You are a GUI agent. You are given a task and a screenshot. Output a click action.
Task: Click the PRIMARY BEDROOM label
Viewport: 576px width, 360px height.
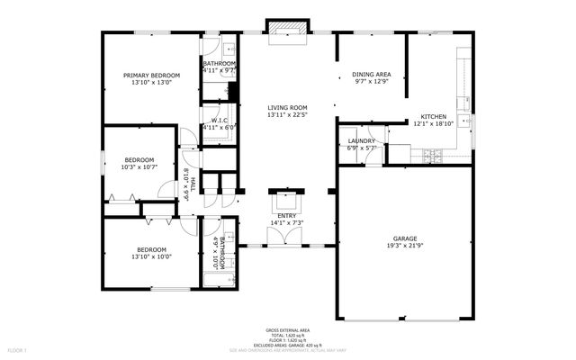152,75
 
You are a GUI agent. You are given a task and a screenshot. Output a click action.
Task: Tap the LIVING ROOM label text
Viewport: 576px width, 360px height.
288,107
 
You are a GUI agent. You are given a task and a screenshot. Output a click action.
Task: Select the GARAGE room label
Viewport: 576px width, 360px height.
404,238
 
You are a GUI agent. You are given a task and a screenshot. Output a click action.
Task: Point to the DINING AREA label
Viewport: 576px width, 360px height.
371,75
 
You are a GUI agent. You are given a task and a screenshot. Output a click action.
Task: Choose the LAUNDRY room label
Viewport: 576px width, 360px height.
361,141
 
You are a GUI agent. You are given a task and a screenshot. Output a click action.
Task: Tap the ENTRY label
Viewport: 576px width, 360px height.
287,216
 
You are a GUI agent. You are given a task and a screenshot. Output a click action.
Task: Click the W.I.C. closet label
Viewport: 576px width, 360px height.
218,121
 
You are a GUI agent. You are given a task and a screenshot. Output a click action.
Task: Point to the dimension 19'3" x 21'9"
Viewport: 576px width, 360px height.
404,246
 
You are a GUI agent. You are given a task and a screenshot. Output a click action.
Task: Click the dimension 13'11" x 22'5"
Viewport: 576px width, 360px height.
288,114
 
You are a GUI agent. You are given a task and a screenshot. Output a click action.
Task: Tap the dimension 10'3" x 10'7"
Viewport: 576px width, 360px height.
139,166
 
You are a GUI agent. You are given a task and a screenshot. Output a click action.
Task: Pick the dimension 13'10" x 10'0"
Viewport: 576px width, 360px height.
151,256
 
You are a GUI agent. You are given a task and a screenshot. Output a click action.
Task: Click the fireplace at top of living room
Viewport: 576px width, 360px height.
288,30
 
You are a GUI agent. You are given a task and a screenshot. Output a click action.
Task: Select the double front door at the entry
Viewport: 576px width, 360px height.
287,236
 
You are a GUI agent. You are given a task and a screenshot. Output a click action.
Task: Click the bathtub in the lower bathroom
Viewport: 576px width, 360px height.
219,280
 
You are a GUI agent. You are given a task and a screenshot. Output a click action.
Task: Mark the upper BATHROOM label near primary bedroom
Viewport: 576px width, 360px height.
219,63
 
